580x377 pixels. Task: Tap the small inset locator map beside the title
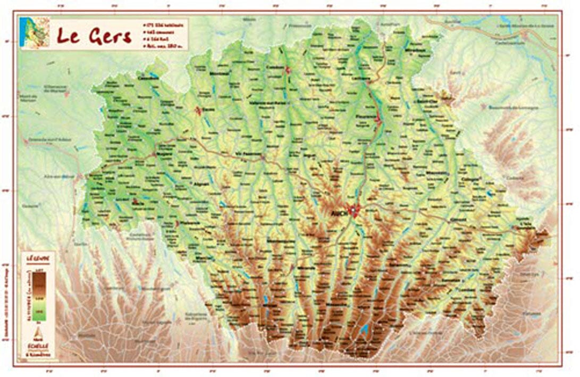coord(34,33)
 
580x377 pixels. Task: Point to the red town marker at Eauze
coord(198,111)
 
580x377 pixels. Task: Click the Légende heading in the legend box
coord(38,259)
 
